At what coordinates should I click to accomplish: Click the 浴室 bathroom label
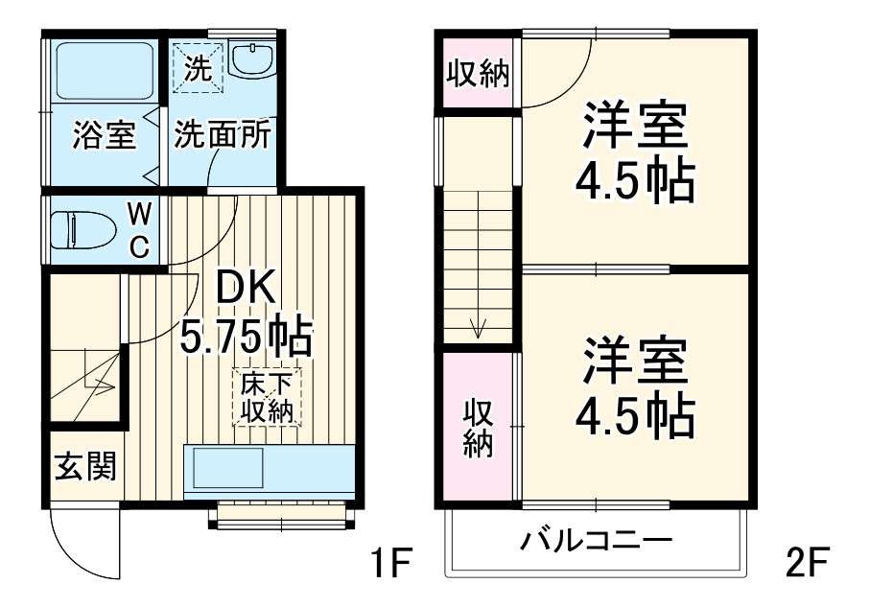pyautogui.click(x=104, y=135)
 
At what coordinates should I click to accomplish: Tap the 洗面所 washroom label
pyautogui.click(x=222, y=135)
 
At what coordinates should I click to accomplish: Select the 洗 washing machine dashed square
pyautogui.click(x=197, y=67)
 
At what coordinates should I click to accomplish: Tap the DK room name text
pyautogui.click(x=245, y=287)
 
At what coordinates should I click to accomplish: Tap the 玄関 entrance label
pyautogui.click(x=84, y=467)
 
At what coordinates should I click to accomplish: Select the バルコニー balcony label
pyautogui.click(x=595, y=543)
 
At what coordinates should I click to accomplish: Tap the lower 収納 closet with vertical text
pyautogui.click(x=478, y=428)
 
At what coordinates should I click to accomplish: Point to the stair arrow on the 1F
pyautogui.click(x=100, y=386)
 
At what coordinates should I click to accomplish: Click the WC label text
pyautogui.click(x=139, y=230)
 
